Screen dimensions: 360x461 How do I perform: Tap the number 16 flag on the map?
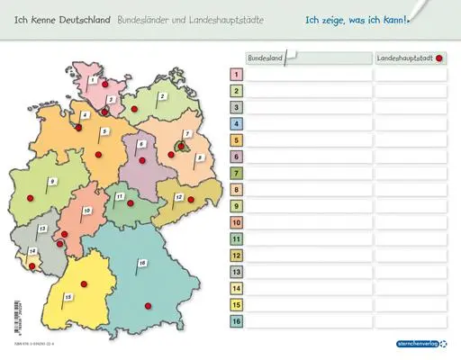[x=142, y=263]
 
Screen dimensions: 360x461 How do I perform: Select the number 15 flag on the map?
[x=68, y=296]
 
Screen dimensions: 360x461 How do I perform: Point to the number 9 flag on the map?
[x=52, y=183]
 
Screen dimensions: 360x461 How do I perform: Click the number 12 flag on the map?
[x=179, y=197]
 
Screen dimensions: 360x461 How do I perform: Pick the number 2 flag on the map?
[x=163, y=95]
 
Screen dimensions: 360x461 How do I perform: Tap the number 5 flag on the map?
[x=104, y=132]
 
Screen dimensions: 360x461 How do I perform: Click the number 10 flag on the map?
[x=86, y=211]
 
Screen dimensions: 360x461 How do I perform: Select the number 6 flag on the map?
[x=140, y=144]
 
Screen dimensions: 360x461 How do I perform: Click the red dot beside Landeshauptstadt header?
[x=439, y=58]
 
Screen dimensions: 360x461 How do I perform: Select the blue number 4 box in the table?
[x=236, y=124]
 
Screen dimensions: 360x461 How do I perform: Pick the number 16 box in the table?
[x=236, y=321]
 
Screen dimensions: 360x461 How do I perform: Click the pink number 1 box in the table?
[x=236, y=75]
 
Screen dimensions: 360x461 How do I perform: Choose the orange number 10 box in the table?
[x=236, y=222]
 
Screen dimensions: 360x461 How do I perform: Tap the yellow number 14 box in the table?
[x=236, y=288]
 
